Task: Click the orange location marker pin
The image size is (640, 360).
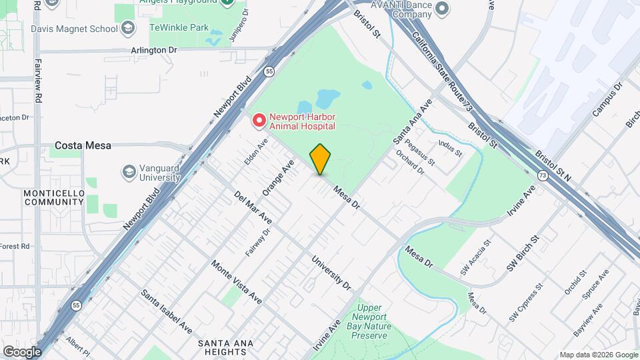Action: (320, 159)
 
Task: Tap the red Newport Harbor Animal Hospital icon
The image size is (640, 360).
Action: (259, 121)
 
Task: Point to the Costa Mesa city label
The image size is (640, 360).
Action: (83, 145)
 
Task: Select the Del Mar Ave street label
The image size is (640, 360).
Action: (253, 207)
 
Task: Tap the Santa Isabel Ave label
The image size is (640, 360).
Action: (167, 312)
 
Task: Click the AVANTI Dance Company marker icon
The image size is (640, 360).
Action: (442, 9)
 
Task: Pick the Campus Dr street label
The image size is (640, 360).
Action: (606, 99)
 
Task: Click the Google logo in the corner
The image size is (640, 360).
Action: (22, 351)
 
